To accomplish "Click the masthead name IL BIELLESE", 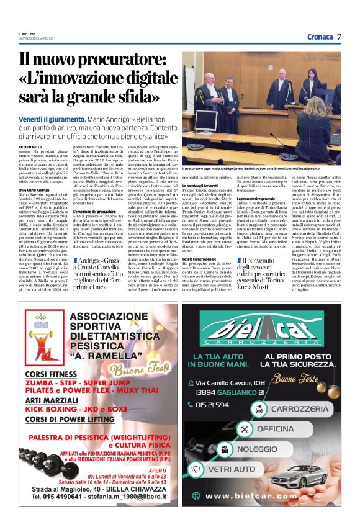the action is (x=27, y=34).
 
